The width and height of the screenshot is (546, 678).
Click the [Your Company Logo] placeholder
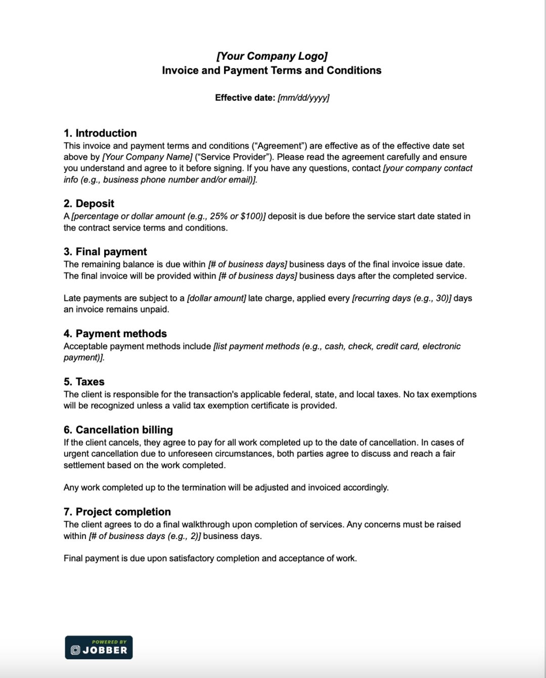pos(272,56)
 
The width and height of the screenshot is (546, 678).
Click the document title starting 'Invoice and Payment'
pos(271,70)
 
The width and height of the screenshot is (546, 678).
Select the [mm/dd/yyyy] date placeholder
pos(303,98)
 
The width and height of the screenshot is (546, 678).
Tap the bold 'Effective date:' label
pos(245,98)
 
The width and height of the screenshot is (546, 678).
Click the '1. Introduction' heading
pos(100,133)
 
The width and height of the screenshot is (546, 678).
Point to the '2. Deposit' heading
pos(89,203)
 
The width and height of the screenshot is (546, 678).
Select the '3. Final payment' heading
pos(105,252)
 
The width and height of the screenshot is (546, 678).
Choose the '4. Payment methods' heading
pos(115,334)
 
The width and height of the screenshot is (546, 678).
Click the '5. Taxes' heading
pos(84,382)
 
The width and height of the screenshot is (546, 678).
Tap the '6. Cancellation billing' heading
pos(118,430)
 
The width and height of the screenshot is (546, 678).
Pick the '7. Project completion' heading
pos(117,512)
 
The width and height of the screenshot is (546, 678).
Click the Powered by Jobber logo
pos(99,647)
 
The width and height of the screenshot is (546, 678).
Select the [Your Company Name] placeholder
pos(147,157)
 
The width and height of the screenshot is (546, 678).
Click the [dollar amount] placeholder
pos(216,298)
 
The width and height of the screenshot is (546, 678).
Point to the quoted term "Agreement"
pos(279,146)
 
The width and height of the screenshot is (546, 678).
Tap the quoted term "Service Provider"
pos(234,157)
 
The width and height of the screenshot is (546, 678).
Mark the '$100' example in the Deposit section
pos(251,216)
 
